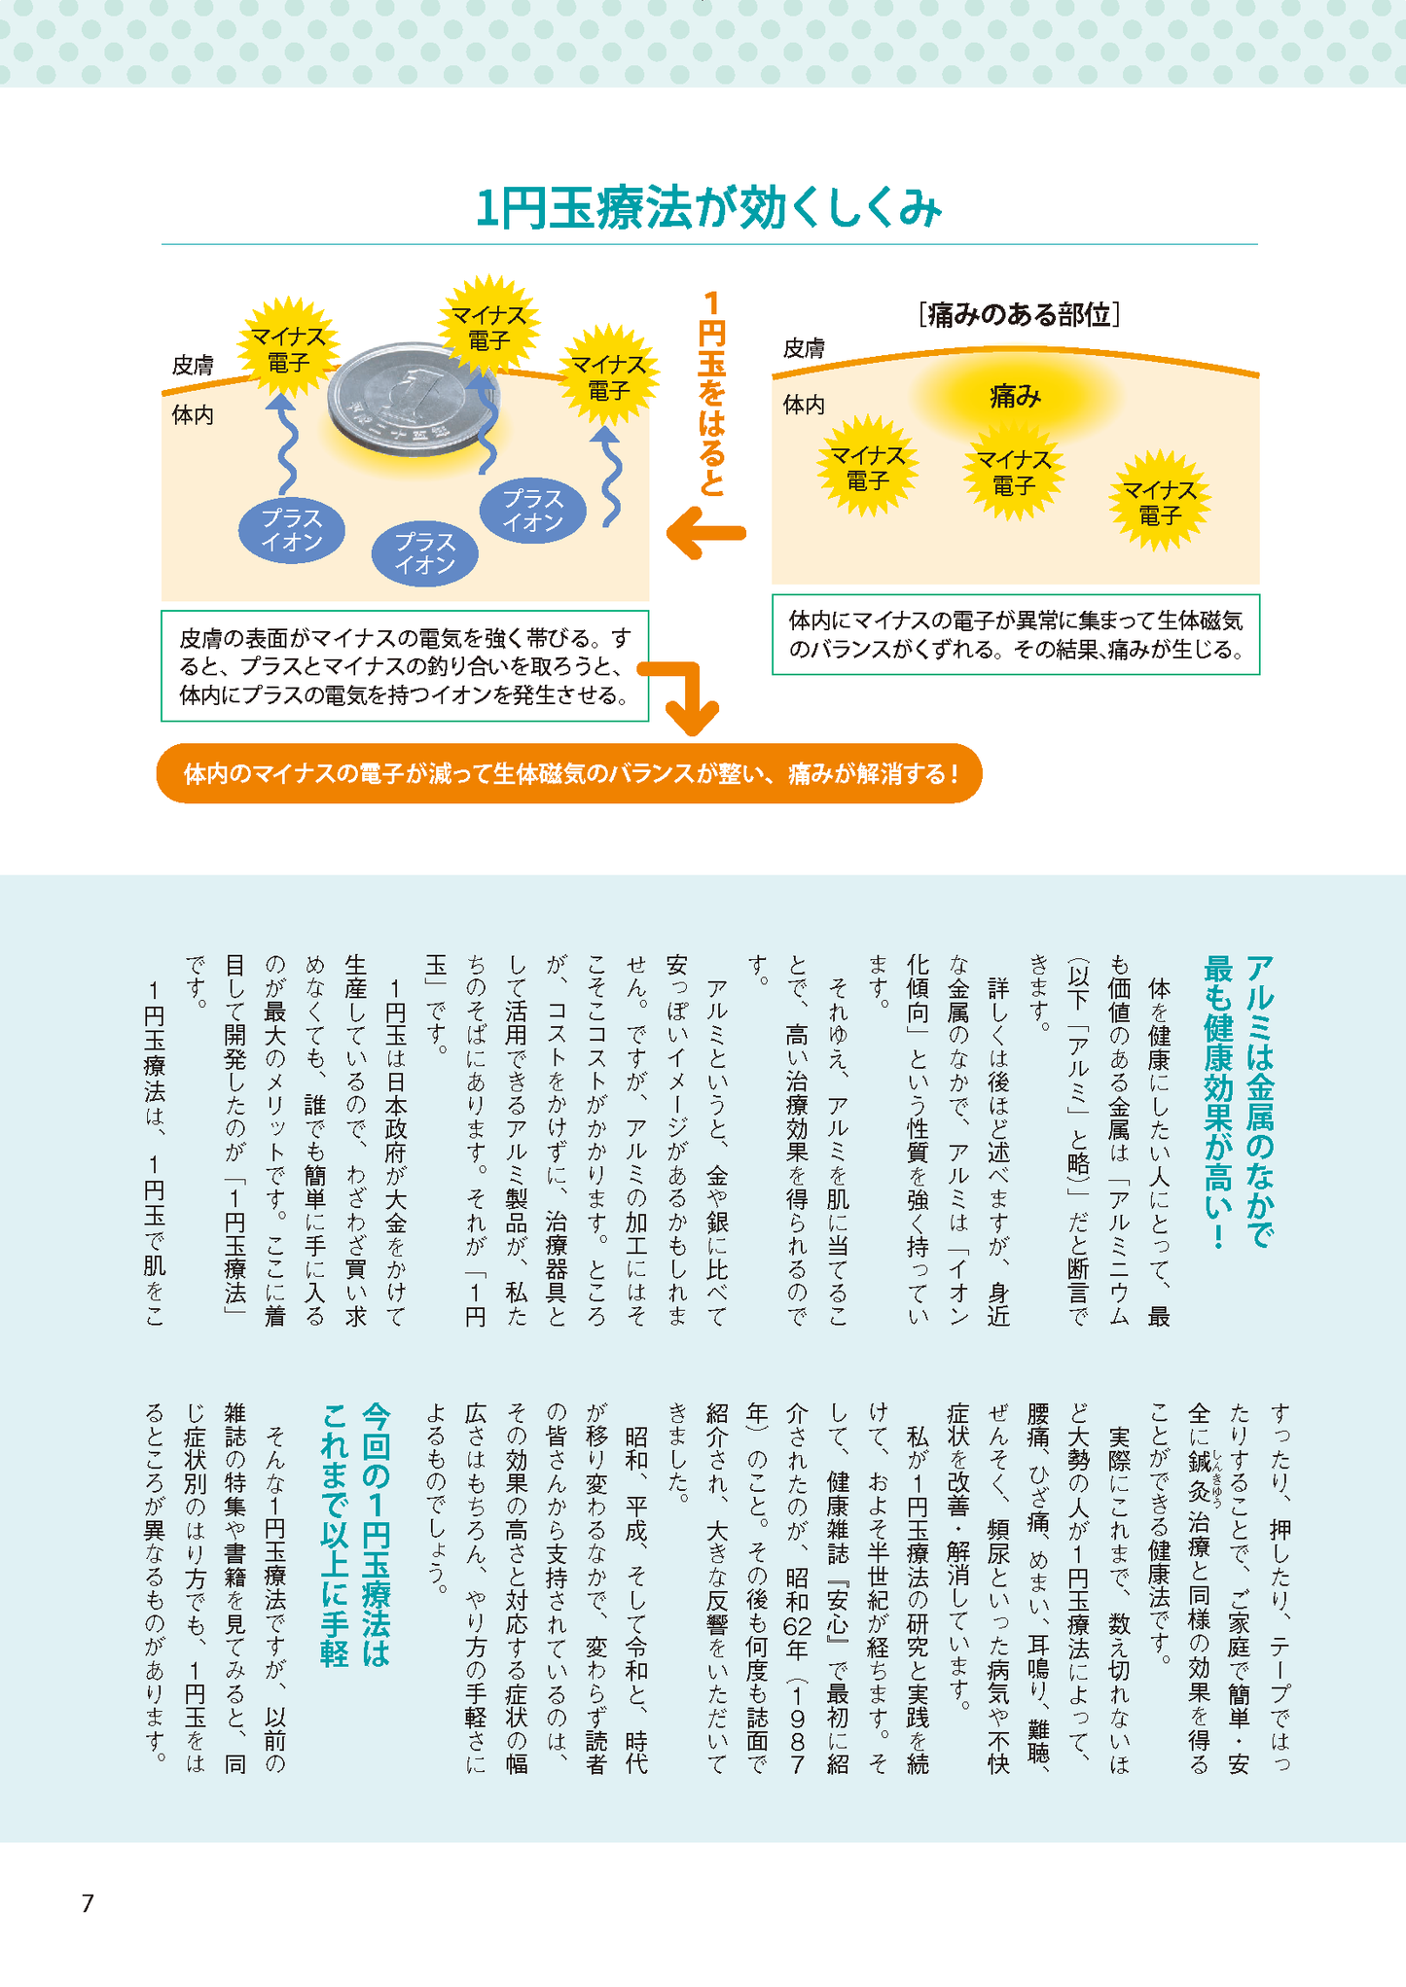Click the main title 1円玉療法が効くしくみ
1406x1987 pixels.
point(708,210)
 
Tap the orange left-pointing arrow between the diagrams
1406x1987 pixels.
point(706,534)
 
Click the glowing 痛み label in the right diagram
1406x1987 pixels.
point(1015,396)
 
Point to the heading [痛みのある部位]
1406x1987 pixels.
point(1018,315)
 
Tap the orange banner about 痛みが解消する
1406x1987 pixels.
point(569,774)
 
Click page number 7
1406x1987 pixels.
point(88,1904)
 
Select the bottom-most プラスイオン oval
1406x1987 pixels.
point(425,553)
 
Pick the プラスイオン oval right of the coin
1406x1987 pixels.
point(533,511)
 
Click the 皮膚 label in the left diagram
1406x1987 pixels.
point(193,366)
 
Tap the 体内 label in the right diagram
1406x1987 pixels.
point(804,405)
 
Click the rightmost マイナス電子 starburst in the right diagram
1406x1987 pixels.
point(1160,502)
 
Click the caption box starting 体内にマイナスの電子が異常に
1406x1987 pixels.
point(1015,634)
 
